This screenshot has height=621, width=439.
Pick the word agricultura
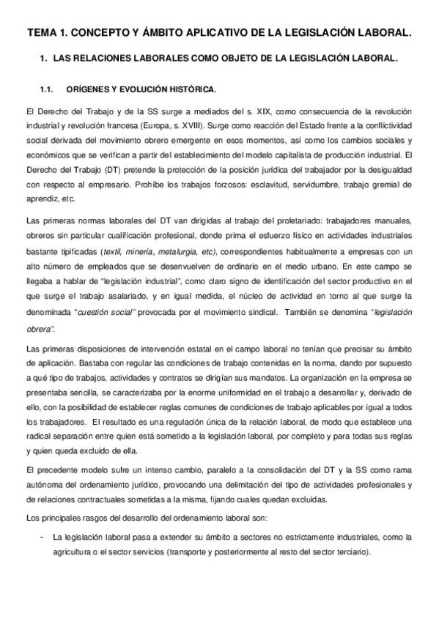80,551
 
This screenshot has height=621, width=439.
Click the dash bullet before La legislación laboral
42,537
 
